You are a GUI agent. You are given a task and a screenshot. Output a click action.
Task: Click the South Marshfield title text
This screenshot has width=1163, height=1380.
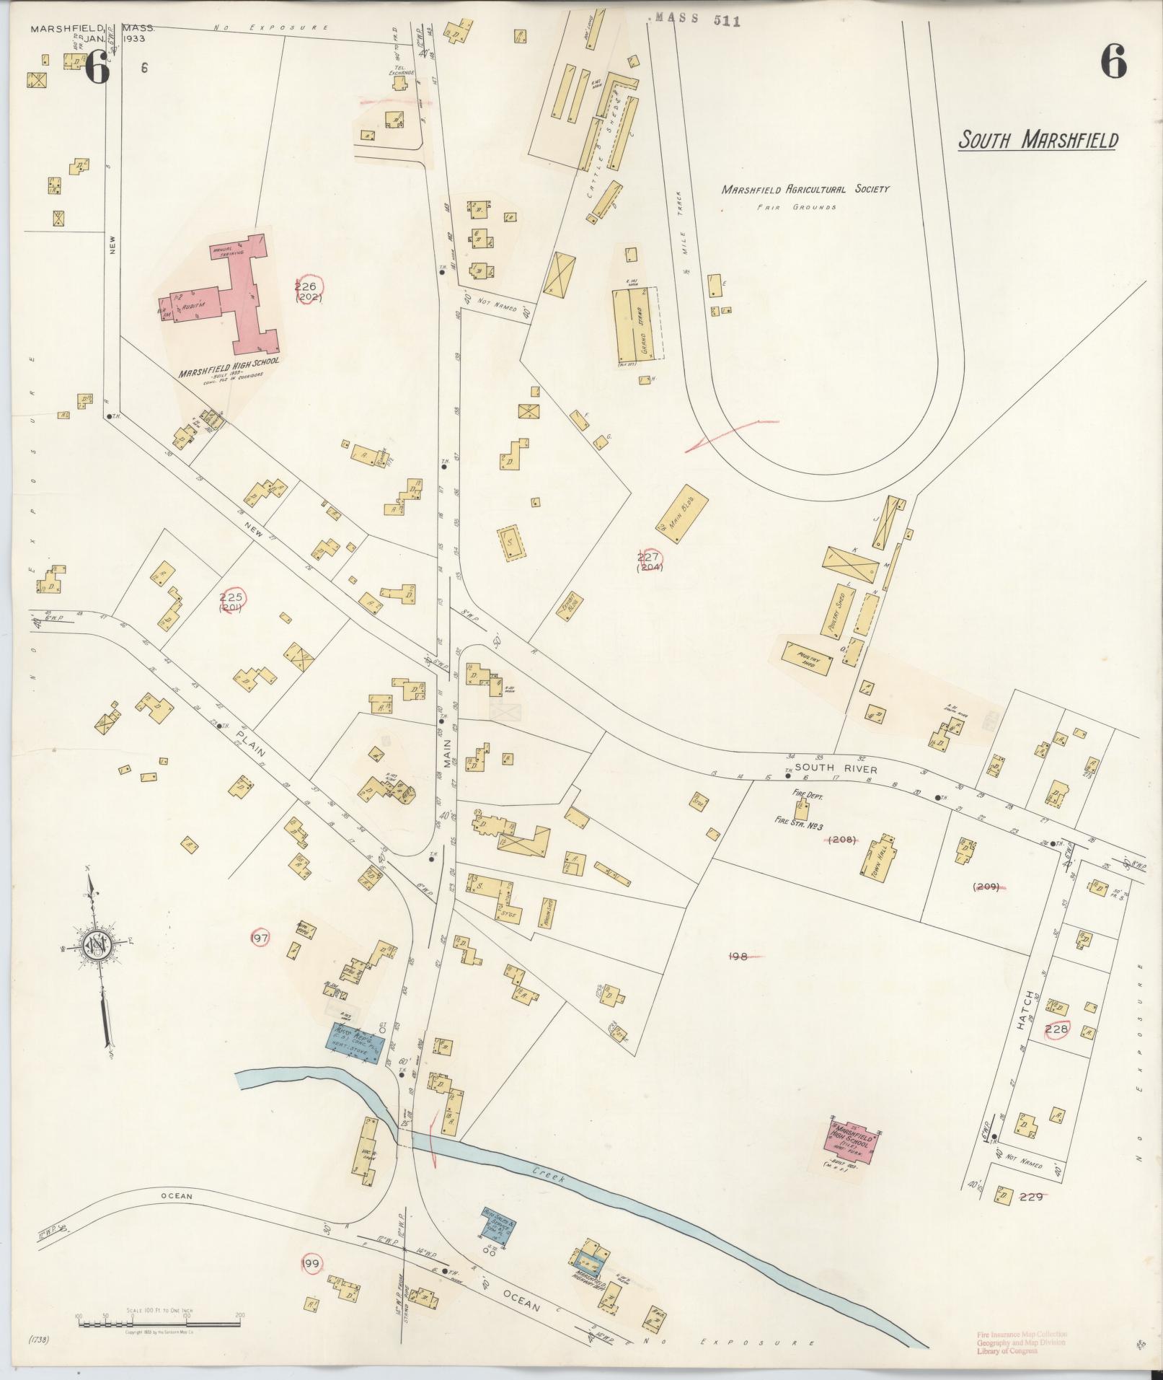[x=1038, y=140]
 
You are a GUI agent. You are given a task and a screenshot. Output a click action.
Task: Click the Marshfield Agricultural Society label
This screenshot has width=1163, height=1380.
[x=805, y=190]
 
